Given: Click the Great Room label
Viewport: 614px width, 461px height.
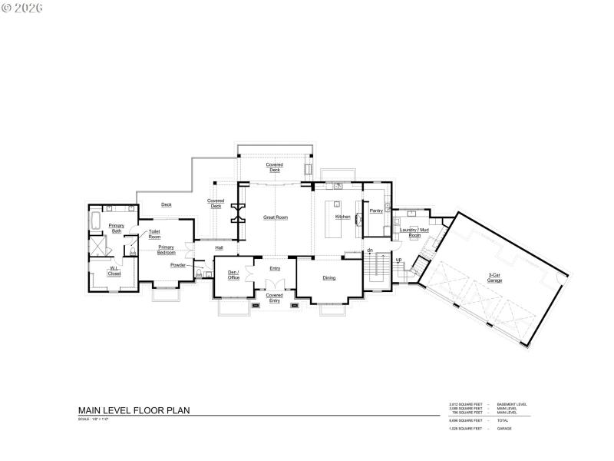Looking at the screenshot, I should point(276,217).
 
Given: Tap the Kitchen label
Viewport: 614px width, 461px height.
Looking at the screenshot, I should point(343,217).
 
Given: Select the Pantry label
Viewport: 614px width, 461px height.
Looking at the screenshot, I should point(376,211).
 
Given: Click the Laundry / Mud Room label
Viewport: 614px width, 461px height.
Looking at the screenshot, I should point(414,233).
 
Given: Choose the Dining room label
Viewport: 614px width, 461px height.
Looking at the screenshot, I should point(328,278).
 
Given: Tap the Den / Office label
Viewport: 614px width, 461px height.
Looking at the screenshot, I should point(234,275).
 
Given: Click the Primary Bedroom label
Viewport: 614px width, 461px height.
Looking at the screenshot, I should point(167,250).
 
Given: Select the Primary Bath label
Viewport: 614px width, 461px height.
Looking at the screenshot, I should point(117,229).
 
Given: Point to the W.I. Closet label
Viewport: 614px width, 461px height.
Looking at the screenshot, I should point(114,271).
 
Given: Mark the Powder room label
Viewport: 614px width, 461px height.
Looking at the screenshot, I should point(178,265).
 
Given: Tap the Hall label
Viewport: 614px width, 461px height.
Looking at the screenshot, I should point(219,248).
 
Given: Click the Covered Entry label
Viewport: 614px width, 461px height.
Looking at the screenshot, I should point(274,298).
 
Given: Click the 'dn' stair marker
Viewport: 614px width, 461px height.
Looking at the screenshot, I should point(369,250).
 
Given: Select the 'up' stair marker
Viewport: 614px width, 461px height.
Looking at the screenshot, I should point(398,260).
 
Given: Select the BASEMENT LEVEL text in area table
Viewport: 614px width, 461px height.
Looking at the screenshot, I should point(512,404).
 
